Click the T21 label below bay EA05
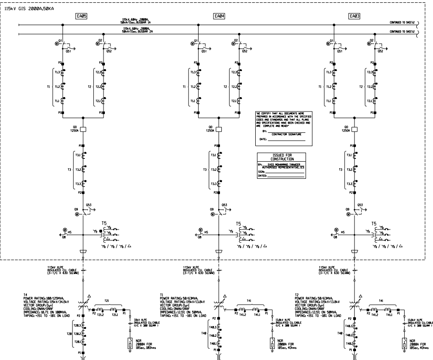107,301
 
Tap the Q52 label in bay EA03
381,52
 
